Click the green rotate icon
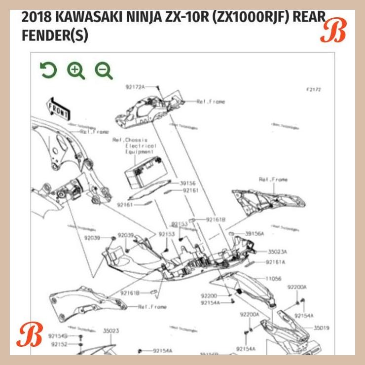(48, 71)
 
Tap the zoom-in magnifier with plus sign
(76, 71)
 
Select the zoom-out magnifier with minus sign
(104, 71)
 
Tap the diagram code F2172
(313, 90)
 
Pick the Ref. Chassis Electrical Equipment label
(134, 146)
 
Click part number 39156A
(255, 233)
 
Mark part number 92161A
(276, 262)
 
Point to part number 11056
(274, 279)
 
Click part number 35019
(321, 327)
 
